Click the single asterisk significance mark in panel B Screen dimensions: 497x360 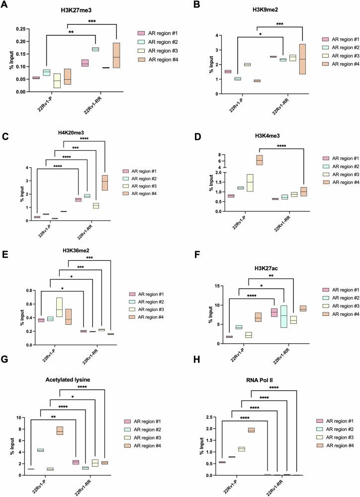[x=260, y=35]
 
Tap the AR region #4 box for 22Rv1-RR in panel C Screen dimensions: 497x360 [x=118, y=183]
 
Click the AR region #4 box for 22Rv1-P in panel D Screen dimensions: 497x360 [x=259, y=160]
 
